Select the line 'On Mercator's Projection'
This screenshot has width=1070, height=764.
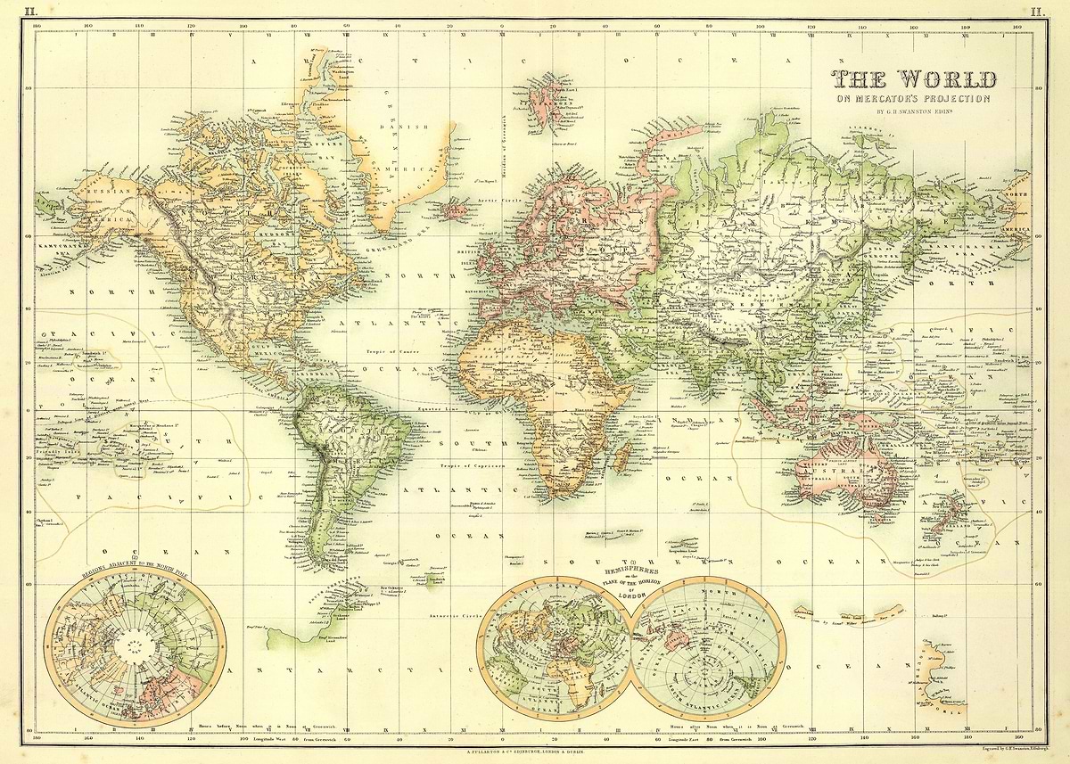[x=911, y=99]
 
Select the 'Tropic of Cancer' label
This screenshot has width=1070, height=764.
[x=391, y=352]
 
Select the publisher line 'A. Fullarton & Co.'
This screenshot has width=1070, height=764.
[x=535, y=752]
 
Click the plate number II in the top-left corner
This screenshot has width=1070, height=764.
[x=32, y=12]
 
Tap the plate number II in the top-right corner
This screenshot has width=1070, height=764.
[x=1036, y=12]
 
